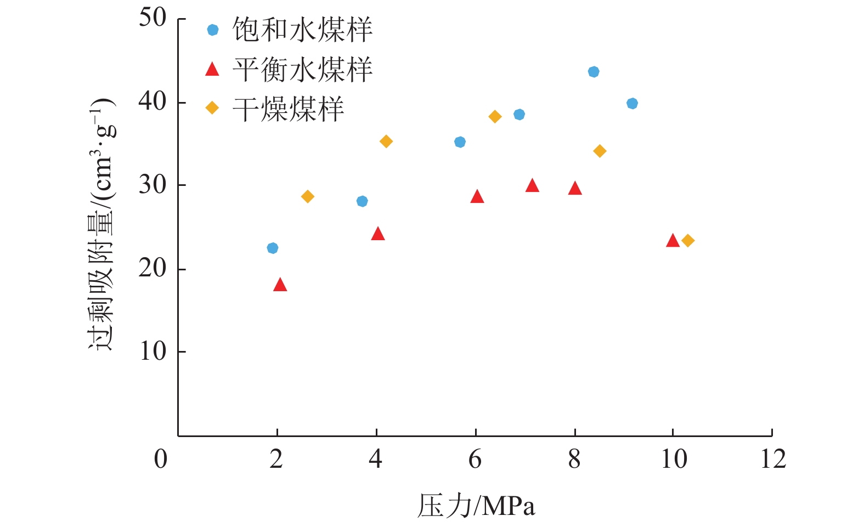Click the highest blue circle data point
[x=594, y=72]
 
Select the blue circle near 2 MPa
[x=273, y=248]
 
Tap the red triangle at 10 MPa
[x=673, y=241]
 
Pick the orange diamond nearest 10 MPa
[x=688, y=241]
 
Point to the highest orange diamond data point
[x=495, y=117]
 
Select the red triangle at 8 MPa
[x=575, y=189]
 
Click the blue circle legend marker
[x=213, y=30]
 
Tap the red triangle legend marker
[x=212, y=70]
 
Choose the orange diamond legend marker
[x=212, y=108]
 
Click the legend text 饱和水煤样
[x=302, y=30]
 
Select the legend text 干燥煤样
[x=288, y=109]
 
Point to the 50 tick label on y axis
[x=152, y=18]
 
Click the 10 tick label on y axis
[x=152, y=352]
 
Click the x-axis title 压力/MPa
[x=476, y=506]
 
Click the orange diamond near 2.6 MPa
[x=308, y=197]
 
